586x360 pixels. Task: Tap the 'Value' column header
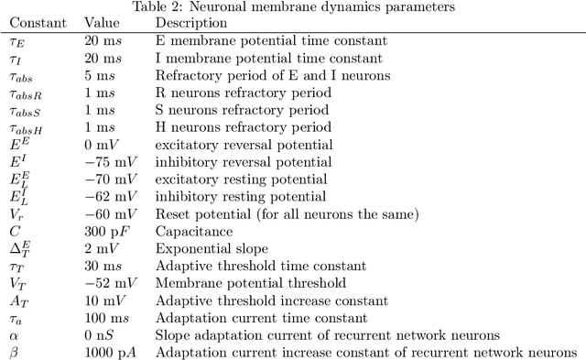point(101,22)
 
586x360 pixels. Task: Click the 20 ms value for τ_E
point(99,40)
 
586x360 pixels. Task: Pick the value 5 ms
point(96,75)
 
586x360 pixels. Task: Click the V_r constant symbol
point(16,214)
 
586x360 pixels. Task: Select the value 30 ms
point(99,267)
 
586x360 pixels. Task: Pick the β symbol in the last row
point(14,353)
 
